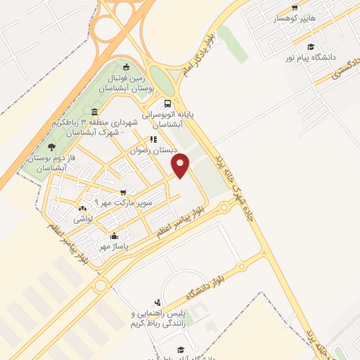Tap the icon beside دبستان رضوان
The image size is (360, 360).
click(152, 139)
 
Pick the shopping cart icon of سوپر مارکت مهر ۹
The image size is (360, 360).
click(123, 193)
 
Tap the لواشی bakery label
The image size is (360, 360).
click(84, 219)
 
